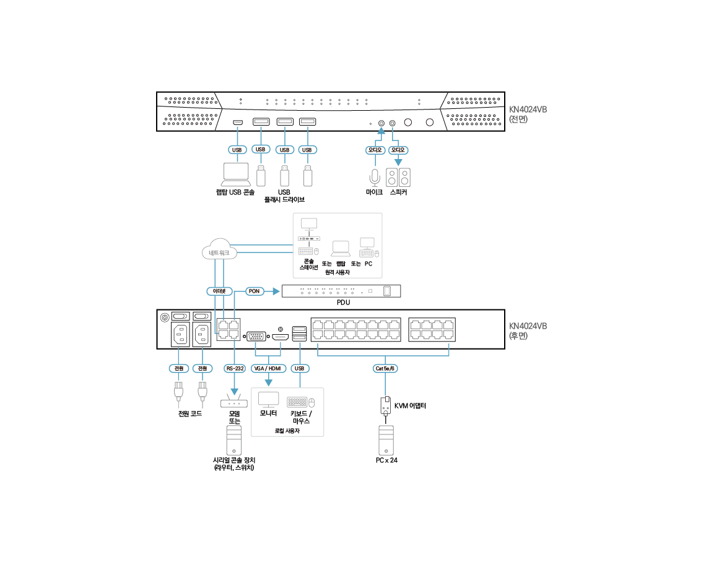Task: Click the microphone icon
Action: click(374, 177)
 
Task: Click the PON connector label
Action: click(254, 290)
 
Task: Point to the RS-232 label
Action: click(234, 368)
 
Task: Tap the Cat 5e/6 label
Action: click(385, 368)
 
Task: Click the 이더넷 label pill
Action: click(219, 290)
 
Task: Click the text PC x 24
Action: click(386, 460)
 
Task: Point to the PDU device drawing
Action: click(341, 291)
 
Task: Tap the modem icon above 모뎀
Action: click(233, 402)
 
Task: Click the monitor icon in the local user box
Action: click(268, 400)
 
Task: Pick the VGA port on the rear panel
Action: click(256, 336)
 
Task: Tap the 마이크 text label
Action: click(374, 192)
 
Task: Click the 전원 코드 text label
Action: click(190, 413)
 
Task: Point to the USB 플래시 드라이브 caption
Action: click(284, 196)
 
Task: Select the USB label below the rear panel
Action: click(300, 368)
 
